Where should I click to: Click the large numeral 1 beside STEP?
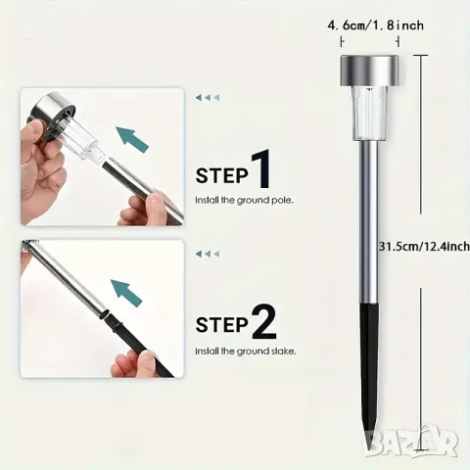(261, 169)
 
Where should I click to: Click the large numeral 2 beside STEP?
(264, 321)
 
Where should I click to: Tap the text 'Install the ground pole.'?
(244, 200)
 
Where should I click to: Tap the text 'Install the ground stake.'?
(246, 352)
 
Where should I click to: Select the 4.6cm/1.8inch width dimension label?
(375, 25)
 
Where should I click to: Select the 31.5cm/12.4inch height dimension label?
(424, 246)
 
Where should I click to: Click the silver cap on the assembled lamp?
(369, 70)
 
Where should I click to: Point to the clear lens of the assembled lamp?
(369, 115)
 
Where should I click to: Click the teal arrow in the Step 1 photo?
(133, 140)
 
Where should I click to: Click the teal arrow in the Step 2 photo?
(127, 293)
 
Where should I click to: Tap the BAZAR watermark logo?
(411, 442)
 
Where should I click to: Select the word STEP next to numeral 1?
(222, 176)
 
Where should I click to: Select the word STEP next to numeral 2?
(222, 325)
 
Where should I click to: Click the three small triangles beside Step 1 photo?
(208, 97)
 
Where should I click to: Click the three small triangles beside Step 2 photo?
(208, 254)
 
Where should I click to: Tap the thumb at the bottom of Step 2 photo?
(130, 362)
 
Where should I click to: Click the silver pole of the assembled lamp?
(369, 222)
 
